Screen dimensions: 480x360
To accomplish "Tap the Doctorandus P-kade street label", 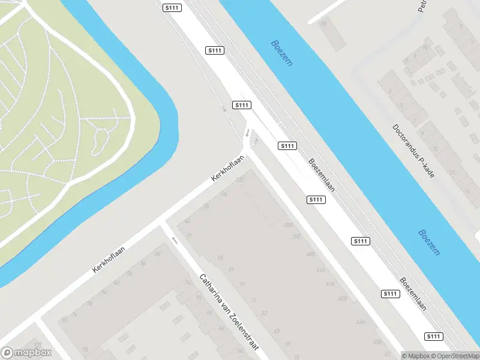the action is pos(413,151).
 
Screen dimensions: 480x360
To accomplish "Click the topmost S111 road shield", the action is pos(171,7).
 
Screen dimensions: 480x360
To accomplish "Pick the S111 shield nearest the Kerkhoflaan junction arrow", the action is pos(241,105).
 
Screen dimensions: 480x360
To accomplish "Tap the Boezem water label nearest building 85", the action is pos(281,53).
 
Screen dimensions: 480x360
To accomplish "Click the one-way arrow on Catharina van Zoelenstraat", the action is pos(175,240).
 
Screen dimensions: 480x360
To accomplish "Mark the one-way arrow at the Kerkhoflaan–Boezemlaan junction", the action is pos(247,133).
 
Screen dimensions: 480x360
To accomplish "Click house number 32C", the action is pos(241,179).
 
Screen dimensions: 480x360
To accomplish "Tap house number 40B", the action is pos(310,254).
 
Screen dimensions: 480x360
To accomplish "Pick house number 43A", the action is pos(361,322).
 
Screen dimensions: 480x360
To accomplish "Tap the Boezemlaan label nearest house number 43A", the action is pos(413,293).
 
